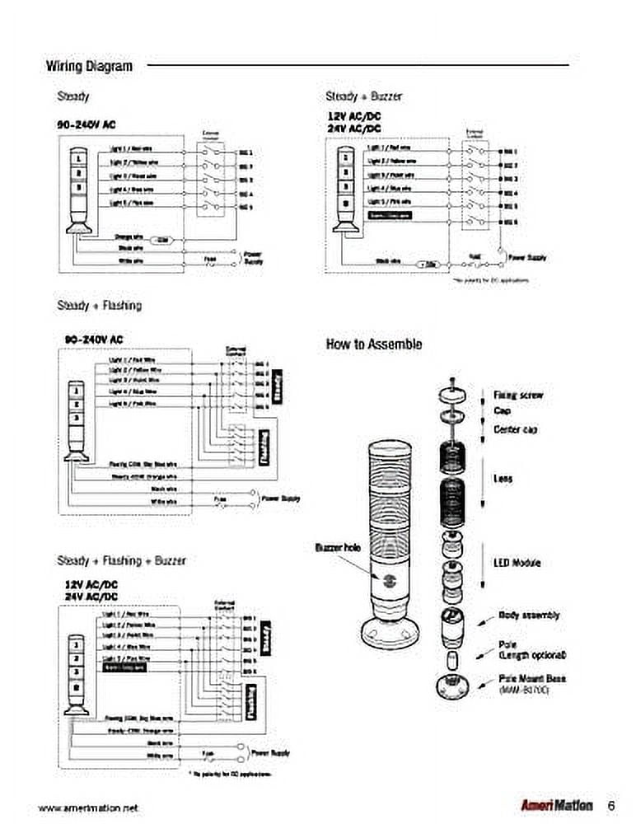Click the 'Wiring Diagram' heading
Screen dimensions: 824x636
(88, 66)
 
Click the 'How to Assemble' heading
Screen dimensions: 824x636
(374, 344)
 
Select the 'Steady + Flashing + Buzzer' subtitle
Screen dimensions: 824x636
(121, 560)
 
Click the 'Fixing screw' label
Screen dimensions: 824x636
(518, 396)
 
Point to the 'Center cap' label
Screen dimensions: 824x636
(516, 429)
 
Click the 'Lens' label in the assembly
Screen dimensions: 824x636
(503, 479)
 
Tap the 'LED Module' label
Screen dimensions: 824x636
(517, 563)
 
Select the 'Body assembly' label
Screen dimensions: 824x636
(529, 615)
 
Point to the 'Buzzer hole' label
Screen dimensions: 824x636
(335, 547)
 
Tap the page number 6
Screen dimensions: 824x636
(611, 805)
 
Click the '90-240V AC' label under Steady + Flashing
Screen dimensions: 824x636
(94, 339)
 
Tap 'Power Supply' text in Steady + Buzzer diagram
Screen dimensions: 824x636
(528, 258)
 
